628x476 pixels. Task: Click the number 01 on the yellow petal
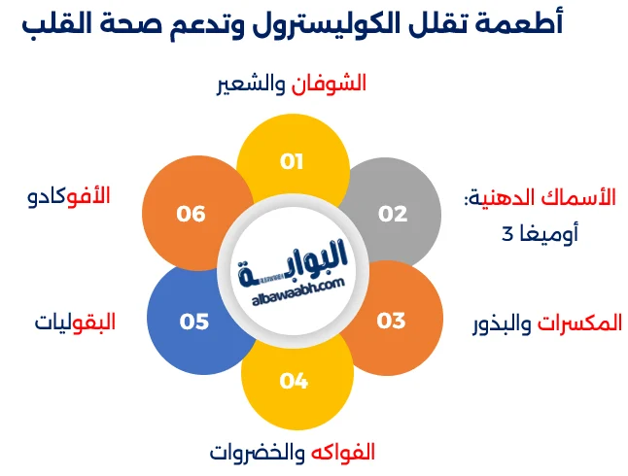tap(293, 161)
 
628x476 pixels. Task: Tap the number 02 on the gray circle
tap(393, 213)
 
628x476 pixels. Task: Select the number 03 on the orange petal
tap(391, 320)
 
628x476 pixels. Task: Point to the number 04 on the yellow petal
tap(293, 381)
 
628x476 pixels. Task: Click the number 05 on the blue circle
tap(194, 321)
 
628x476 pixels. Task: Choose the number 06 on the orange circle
tap(191, 213)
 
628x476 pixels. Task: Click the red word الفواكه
tap(342, 452)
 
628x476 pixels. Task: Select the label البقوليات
tap(75, 322)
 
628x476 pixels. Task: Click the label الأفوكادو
tap(69, 196)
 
